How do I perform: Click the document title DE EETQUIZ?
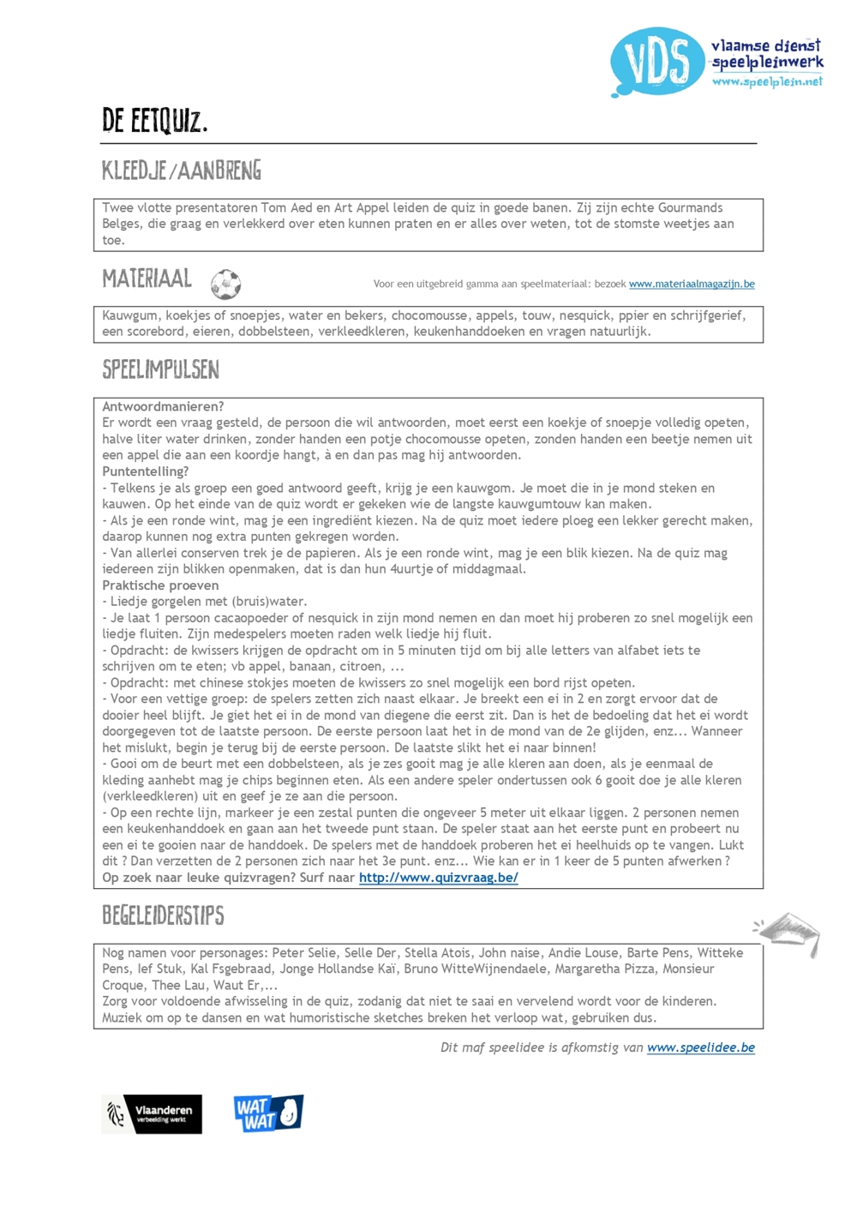(x=154, y=121)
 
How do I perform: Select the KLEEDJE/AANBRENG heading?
(x=182, y=171)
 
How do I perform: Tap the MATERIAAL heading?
(x=147, y=279)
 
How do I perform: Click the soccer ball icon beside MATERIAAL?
(x=225, y=284)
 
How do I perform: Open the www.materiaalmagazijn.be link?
(x=692, y=285)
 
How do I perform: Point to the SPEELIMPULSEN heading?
(x=160, y=369)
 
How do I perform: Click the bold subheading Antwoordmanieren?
(x=163, y=406)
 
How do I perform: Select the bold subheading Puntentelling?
(x=145, y=471)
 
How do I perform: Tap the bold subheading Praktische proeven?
(x=160, y=585)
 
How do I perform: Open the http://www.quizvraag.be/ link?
(x=438, y=878)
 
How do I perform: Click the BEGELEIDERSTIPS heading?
(x=163, y=915)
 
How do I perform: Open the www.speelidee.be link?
(x=700, y=1047)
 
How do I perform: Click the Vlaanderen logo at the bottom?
(x=152, y=1114)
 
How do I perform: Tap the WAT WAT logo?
(x=268, y=1113)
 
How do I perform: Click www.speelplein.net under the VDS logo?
(x=766, y=82)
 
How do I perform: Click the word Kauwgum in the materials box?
(x=129, y=315)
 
